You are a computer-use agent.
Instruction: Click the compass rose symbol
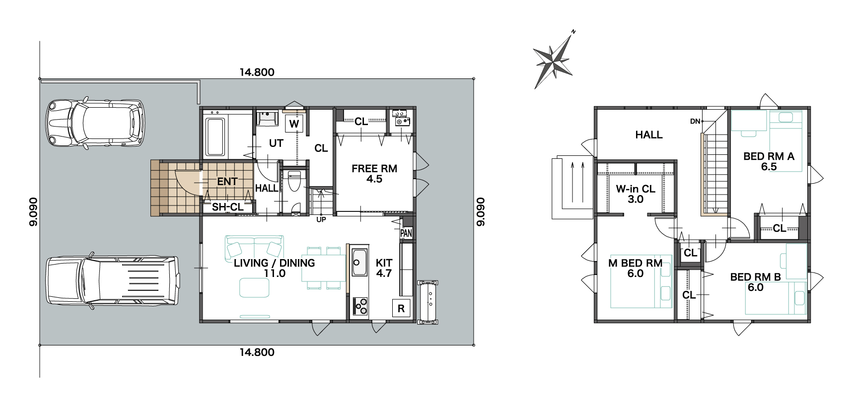[x=553, y=62]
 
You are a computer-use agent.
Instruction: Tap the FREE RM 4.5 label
[x=374, y=174]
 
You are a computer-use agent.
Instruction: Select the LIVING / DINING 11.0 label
[x=274, y=268]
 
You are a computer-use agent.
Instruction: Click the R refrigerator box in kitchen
[x=401, y=308]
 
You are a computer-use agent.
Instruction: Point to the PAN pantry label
[x=406, y=233]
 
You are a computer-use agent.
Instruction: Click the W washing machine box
[x=294, y=124]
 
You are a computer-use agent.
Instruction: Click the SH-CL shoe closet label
[x=228, y=207]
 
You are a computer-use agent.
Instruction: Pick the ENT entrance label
[x=227, y=182]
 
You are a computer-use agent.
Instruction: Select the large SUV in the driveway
[x=112, y=280]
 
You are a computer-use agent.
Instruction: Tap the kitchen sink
[x=358, y=263]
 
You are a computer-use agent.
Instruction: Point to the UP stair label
[x=321, y=219]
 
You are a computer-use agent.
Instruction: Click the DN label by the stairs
[x=695, y=121]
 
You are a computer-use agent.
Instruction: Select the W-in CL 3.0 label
[x=636, y=194]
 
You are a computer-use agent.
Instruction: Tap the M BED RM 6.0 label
[x=636, y=268]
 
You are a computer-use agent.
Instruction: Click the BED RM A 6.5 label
[x=769, y=161]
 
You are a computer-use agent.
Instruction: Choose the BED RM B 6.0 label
[x=755, y=282]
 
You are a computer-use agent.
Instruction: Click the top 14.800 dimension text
[x=257, y=72]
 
